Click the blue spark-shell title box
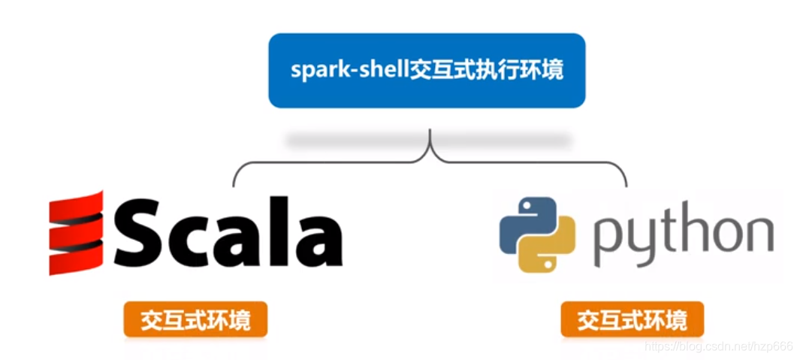click(427, 70)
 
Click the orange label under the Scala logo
click(195, 321)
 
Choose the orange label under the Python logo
click(632, 321)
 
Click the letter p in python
click(608, 241)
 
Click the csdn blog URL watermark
click(719, 346)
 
